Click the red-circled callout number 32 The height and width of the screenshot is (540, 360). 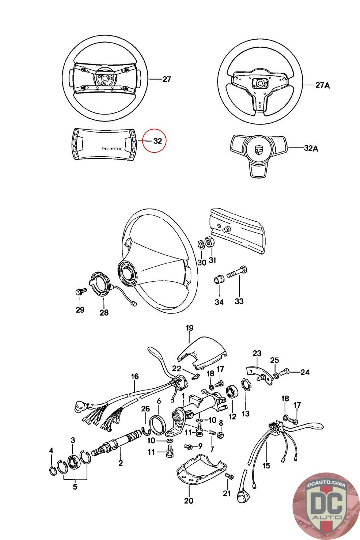click(157, 141)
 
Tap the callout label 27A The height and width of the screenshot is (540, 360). click(322, 85)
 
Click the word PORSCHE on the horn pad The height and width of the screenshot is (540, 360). click(112, 149)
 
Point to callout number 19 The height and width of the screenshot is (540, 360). click(189, 328)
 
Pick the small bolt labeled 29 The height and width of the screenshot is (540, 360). click(79, 291)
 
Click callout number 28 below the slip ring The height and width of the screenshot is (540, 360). click(104, 313)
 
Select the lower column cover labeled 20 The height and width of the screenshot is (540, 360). click(199, 469)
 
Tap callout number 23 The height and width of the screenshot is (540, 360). click(257, 354)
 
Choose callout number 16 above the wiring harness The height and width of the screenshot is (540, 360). click(135, 376)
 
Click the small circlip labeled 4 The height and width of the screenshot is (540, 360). click(53, 470)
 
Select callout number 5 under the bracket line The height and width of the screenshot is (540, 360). click(75, 487)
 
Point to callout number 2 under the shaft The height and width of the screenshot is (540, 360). click(121, 463)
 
